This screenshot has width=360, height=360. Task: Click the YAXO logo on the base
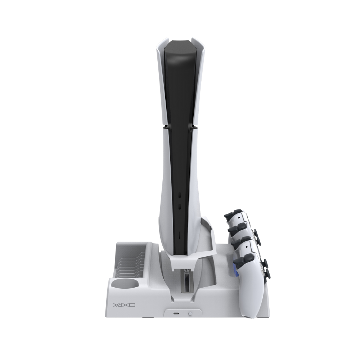[x=125, y=305]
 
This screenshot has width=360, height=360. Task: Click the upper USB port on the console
[x=180, y=195]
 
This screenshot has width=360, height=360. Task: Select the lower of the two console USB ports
[x=180, y=207]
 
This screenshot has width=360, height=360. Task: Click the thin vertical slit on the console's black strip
[x=179, y=235]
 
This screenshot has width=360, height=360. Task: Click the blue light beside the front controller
[x=235, y=271]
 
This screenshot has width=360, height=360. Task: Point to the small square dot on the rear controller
[x=239, y=216]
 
